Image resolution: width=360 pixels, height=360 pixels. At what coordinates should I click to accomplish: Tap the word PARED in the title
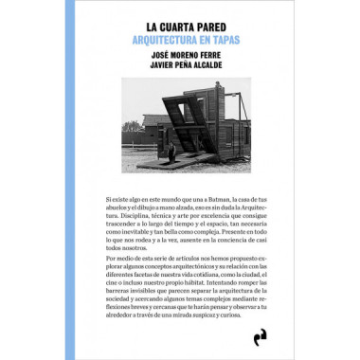(217, 27)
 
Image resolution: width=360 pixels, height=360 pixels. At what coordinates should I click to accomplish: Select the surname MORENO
(173, 57)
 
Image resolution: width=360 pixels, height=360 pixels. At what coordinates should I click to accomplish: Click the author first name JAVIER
(143, 69)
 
